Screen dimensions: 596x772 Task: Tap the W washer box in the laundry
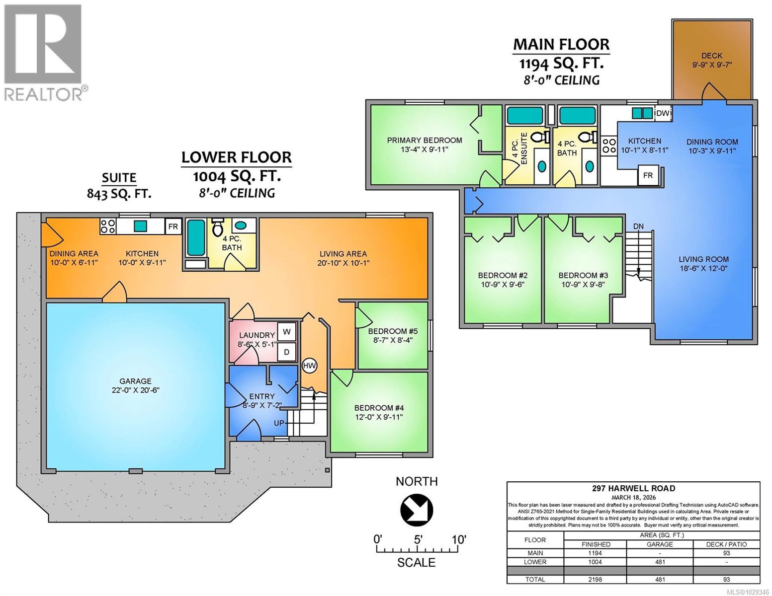coord(287,331)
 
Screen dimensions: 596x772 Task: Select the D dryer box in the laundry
coord(287,351)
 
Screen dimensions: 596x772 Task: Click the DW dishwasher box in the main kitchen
coord(662,113)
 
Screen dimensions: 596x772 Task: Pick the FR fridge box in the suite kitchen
coord(173,227)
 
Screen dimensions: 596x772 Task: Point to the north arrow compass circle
coord(417,510)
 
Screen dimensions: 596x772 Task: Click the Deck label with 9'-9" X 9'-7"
coord(712,60)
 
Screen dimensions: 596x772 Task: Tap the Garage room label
coord(132,385)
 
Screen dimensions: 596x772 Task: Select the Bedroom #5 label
coord(390,336)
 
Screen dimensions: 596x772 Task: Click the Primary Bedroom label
coord(424,145)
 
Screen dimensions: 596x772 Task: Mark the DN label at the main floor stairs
coord(638,226)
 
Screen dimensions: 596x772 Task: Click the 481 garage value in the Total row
coord(659,579)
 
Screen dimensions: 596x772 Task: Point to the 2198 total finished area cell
coord(595,579)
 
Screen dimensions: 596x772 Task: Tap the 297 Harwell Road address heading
coord(633,488)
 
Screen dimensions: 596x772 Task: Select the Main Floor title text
coord(561,44)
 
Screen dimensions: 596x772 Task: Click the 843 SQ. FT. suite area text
coord(119,194)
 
